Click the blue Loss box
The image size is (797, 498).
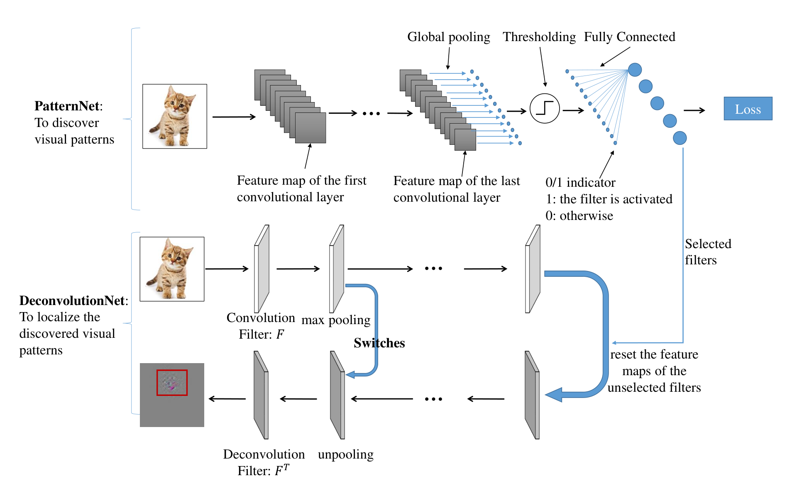(748, 109)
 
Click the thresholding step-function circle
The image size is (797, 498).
(545, 109)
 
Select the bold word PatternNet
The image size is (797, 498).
(67, 106)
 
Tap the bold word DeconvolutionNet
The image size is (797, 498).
(72, 300)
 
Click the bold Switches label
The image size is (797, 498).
(379, 343)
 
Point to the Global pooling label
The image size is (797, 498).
(449, 37)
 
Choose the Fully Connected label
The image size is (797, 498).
(630, 37)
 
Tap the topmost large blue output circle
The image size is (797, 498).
(635, 70)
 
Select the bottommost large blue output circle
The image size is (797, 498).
(680, 138)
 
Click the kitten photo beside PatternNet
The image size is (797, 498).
(175, 116)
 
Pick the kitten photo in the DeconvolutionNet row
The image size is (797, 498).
(172, 269)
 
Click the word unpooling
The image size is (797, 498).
(346, 455)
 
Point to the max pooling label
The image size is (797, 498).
(336, 320)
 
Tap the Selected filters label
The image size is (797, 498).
(708, 252)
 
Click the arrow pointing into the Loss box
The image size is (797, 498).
(694, 110)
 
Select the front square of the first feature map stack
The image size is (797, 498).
(310, 128)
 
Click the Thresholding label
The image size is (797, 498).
(539, 37)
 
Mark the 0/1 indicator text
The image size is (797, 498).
(580, 183)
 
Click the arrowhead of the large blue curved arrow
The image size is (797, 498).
(554, 395)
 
